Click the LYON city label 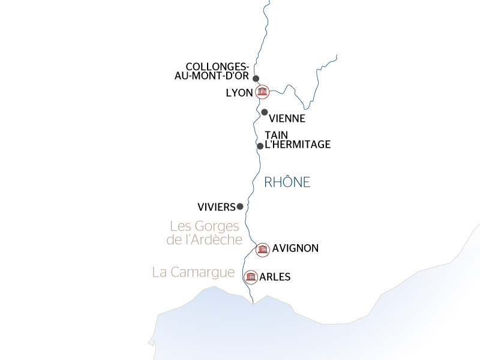click(239, 93)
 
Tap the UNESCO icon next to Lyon click(262, 92)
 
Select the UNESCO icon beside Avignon click(262, 250)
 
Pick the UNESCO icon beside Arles click(251, 277)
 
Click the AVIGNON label click(295, 248)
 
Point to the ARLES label click(275, 277)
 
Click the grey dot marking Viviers click(240, 206)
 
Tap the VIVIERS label click(216, 207)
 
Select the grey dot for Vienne click(264, 112)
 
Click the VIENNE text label click(287, 119)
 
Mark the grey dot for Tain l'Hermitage click(260, 146)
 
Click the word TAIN click(276, 136)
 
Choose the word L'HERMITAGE click(298, 145)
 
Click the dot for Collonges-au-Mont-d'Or click(256, 79)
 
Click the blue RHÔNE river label click(287, 182)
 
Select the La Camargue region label click(193, 272)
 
